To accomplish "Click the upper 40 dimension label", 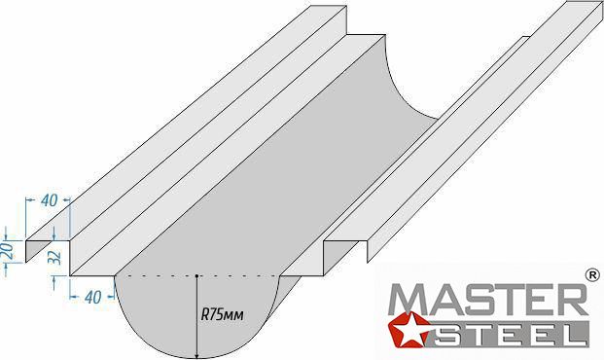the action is (x=50, y=200).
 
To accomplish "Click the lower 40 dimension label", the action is (x=92, y=297).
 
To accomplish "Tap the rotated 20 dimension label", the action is (x=9, y=250).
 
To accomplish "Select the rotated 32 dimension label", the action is (x=56, y=257).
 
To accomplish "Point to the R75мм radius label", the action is (x=223, y=315).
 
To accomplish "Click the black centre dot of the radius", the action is (x=196, y=276).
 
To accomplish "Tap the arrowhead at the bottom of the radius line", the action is (x=196, y=354).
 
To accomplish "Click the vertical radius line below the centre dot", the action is (x=196, y=317).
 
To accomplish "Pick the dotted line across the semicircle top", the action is (x=196, y=276).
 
